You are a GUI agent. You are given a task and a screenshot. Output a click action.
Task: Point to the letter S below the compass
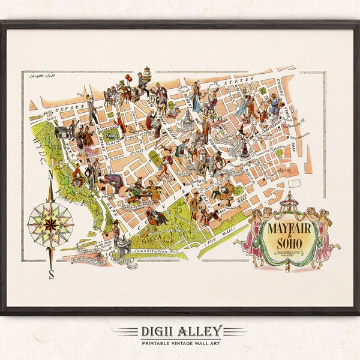point(51,275)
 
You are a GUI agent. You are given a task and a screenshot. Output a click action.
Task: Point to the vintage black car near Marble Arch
point(61,132)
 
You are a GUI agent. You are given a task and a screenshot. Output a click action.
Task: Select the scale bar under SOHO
point(293,257)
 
